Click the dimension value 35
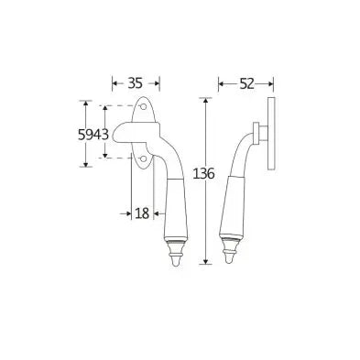[x=136, y=83]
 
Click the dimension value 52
[x=246, y=83]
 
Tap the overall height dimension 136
[x=204, y=174]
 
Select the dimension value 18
[x=142, y=213]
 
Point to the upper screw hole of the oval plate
[x=142, y=106]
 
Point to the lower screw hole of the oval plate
[x=142, y=158]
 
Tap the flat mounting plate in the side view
[x=271, y=134]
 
